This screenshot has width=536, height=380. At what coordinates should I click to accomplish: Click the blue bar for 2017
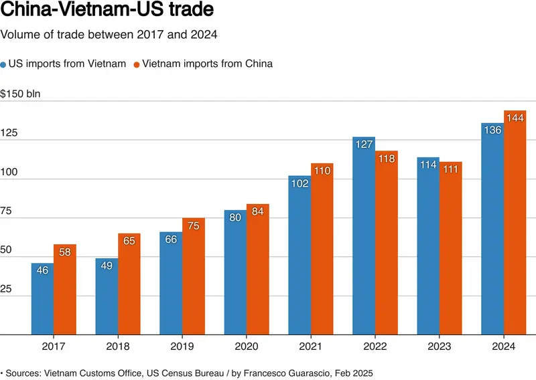(42, 299)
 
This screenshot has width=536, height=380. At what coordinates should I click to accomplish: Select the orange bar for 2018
(129, 284)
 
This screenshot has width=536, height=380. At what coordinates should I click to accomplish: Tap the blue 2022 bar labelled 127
(364, 235)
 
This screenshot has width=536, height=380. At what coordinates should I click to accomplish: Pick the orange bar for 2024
(515, 223)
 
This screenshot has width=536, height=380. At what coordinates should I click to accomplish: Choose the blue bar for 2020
(235, 272)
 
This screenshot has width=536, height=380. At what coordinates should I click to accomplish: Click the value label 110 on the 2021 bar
(322, 171)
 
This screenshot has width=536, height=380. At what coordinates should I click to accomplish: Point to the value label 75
(194, 225)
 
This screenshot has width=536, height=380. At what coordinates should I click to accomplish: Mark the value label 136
(492, 130)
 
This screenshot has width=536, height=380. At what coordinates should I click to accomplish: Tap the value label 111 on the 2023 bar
(450, 169)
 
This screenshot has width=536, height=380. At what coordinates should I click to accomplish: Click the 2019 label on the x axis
(182, 346)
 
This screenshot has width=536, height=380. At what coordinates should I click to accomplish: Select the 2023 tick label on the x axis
(440, 346)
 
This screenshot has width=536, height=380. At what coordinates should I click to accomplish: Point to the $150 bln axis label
(20, 94)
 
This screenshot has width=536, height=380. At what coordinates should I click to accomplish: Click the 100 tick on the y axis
(9, 172)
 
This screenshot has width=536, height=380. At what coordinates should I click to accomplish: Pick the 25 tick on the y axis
(6, 289)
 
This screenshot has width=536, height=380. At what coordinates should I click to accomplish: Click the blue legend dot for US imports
(3, 64)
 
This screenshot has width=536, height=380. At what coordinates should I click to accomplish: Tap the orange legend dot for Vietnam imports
(137, 64)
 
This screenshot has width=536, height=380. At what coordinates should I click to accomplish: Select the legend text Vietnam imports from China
(208, 64)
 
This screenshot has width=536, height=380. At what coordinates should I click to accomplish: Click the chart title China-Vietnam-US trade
(107, 9)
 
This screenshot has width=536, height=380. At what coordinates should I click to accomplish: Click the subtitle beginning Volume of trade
(109, 35)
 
